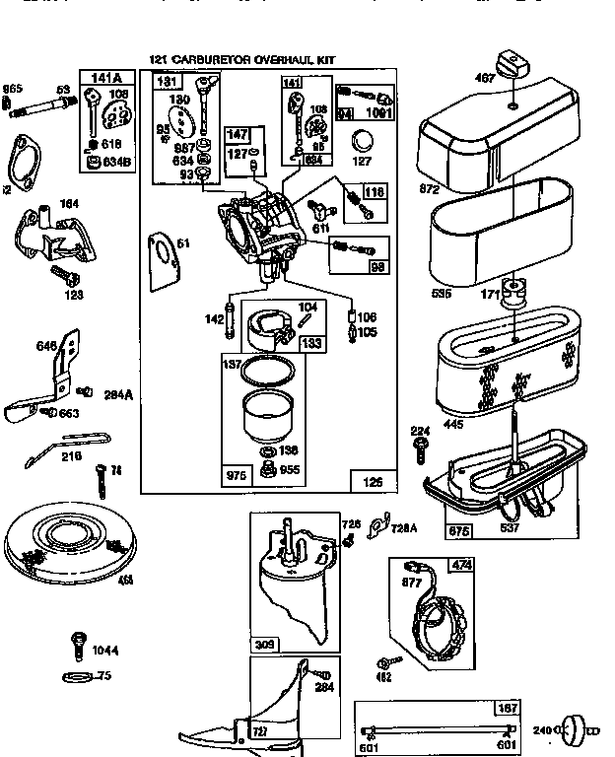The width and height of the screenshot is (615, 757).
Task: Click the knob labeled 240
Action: coord(572,732)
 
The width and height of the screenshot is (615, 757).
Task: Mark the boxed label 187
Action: coord(508,709)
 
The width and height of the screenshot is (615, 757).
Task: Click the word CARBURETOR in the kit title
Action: coord(216,60)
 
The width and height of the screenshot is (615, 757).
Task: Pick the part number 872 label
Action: coord(429,188)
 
